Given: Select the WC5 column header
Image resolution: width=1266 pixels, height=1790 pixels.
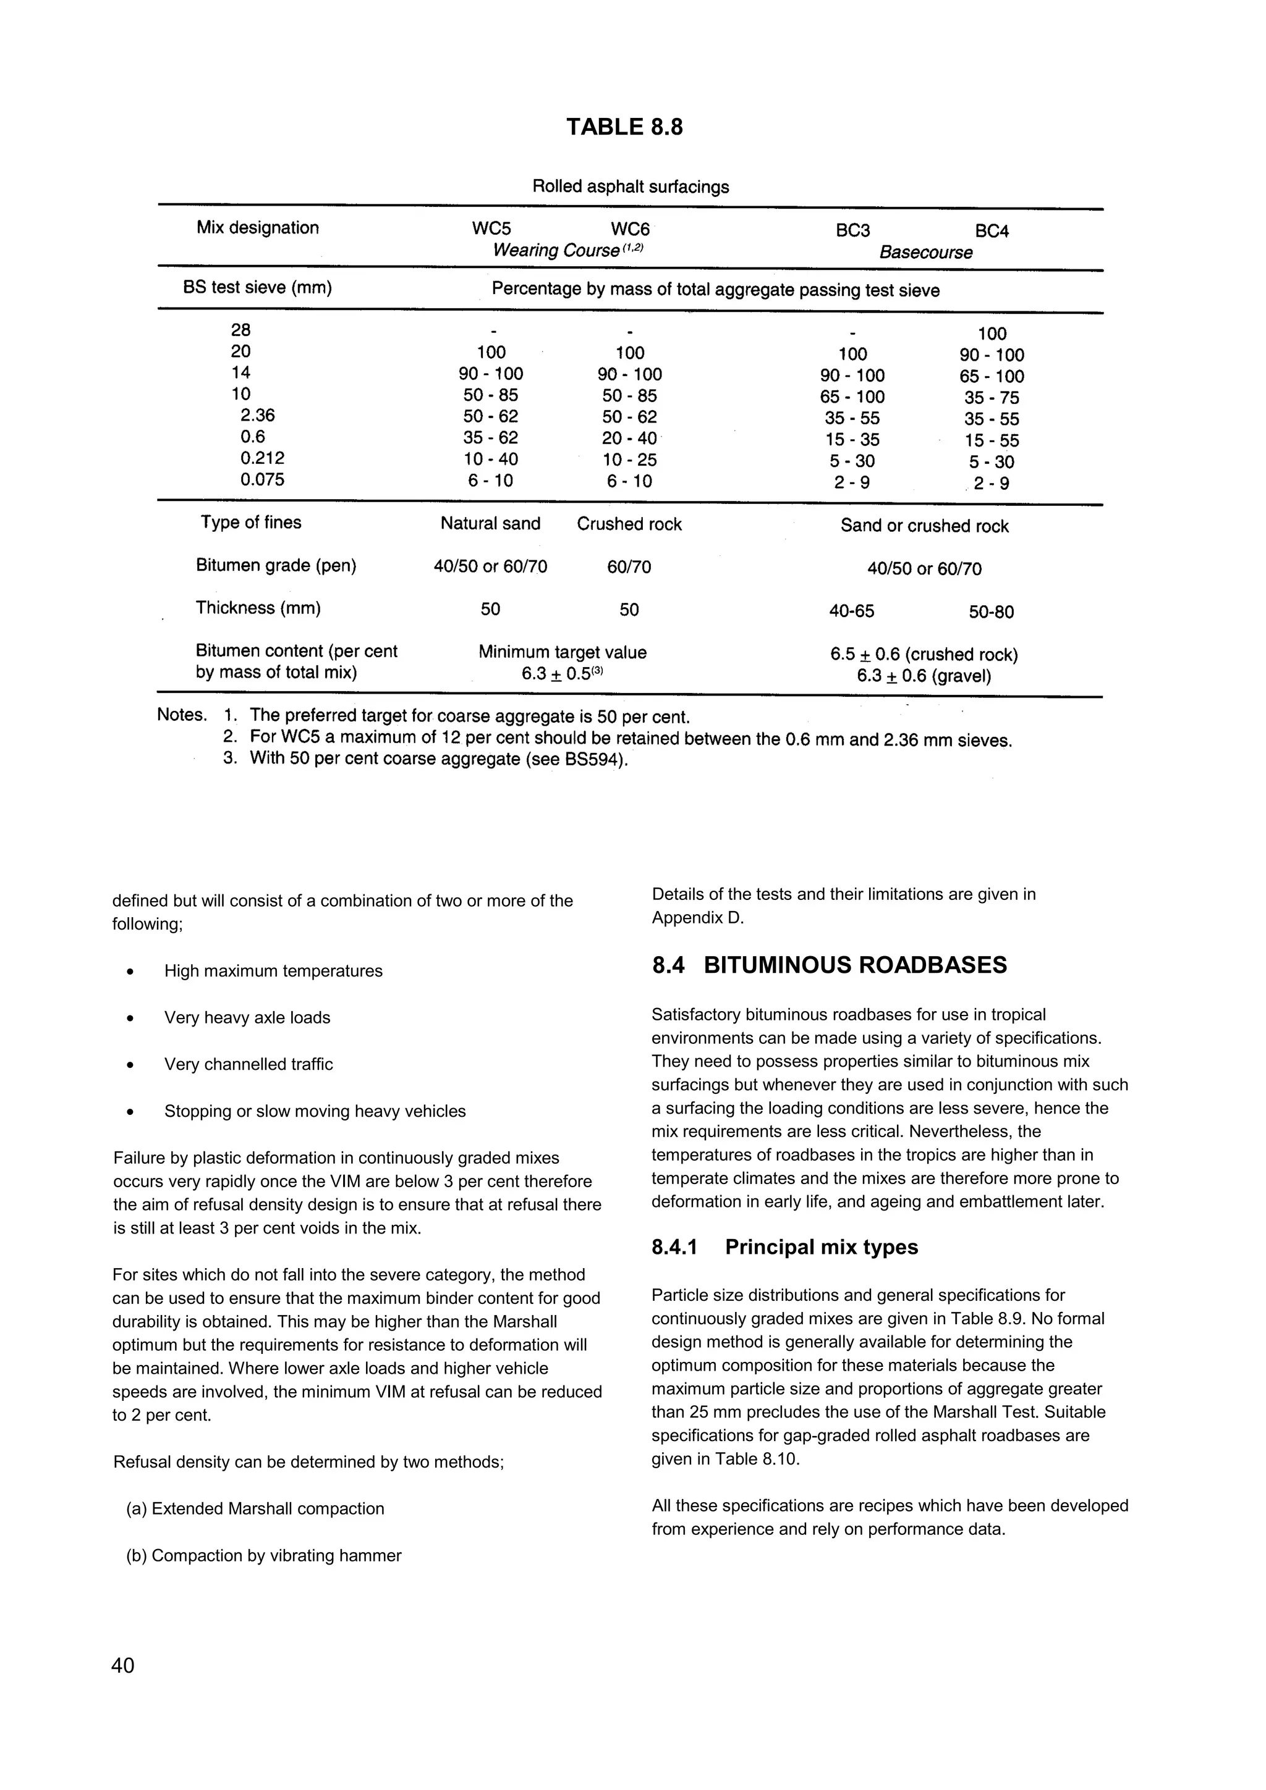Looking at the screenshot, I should pyautogui.click(x=491, y=229).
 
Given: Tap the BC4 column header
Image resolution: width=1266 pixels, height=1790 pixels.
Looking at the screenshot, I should pyautogui.click(x=992, y=232).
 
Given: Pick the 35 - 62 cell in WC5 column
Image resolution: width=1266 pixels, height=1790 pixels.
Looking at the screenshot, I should pyautogui.click(x=491, y=438).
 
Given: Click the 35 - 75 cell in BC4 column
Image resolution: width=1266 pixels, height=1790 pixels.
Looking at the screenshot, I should pyautogui.click(x=992, y=398).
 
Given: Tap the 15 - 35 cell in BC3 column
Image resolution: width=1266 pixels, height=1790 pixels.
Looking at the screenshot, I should pyautogui.click(x=852, y=440).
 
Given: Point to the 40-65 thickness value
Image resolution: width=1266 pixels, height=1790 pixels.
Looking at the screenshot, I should pyautogui.click(x=852, y=612).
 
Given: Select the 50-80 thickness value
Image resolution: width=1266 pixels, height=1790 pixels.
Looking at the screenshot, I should pyautogui.click(x=992, y=613).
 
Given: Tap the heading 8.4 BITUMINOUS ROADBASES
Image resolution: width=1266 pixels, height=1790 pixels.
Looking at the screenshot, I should pyautogui.click(x=829, y=965).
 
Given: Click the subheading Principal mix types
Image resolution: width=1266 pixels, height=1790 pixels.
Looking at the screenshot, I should pyautogui.click(x=822, y=1248).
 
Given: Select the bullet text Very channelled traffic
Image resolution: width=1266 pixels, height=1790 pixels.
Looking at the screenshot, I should pyautogui.click(x=248, y=1065).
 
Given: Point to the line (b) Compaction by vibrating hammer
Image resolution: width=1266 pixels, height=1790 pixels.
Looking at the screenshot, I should pyautogui.click(x=264, y=1556).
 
